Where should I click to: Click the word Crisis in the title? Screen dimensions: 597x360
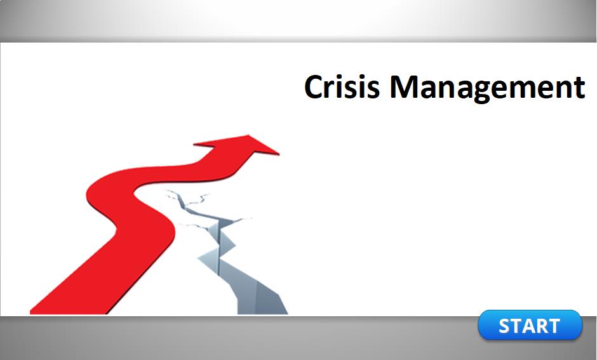(x=342, y=87)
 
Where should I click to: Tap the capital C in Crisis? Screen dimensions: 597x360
(x=314, y=87)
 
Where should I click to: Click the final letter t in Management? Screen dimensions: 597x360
(x=579, y=88)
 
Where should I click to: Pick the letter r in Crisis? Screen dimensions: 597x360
(x=334, y=90)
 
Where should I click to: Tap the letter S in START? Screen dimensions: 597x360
(x=506, y=326)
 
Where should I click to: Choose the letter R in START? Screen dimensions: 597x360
(x=542, y=326)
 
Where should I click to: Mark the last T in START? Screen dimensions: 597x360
(x=554, y=326)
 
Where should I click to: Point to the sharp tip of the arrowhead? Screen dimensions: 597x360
(x=279, y=154)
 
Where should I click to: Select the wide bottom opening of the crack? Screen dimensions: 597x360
(x=263, y=300)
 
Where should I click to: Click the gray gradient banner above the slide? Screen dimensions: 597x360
(x=298, y=21)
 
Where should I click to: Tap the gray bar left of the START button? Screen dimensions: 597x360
(x=239, y=338)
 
